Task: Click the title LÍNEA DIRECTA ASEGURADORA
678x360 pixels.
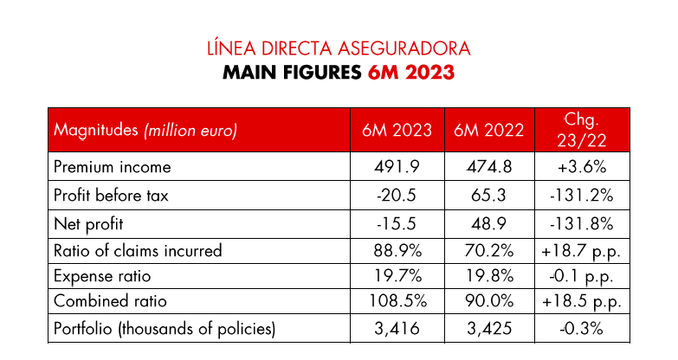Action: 338,47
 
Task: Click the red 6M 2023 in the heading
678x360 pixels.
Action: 410,73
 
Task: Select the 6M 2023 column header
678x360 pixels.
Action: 397,131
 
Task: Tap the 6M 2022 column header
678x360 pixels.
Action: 489,131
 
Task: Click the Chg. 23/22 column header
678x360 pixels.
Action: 582,130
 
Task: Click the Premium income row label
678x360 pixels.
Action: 113,167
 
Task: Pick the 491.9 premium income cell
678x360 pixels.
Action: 397,167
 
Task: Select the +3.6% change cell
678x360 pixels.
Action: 582,167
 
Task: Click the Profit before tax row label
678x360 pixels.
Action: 111,196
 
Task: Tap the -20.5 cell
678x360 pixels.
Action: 397,196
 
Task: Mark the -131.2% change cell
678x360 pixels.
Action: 582,196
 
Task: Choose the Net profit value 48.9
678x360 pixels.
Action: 489,223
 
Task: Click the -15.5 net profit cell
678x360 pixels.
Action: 397,223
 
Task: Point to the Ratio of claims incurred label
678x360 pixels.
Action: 138,251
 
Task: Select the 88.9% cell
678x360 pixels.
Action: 397,251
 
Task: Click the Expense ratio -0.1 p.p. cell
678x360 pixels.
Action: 582,276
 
